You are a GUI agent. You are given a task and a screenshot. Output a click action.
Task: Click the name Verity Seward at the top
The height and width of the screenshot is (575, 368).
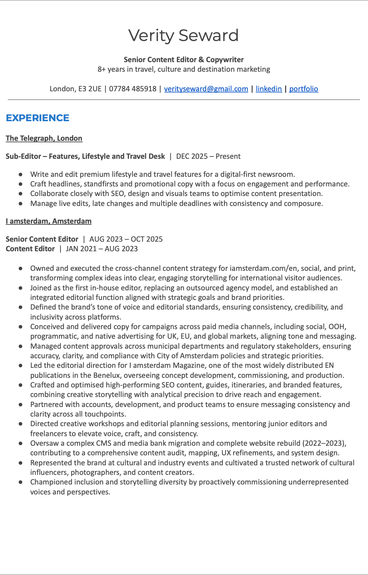pyautogui.click(x=183, y=36)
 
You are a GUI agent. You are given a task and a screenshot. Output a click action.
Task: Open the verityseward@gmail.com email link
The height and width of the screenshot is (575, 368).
pyautogui.click(x=206, y=89)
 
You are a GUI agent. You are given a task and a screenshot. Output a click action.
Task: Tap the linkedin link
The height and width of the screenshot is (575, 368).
pyautogui.click(x=268, y=89)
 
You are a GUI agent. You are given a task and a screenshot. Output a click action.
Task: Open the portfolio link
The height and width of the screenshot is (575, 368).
pyautogui.click(x=303, y=89)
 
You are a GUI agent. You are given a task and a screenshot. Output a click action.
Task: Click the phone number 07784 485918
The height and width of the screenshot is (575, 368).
pyautogui.click(x=133, y=89)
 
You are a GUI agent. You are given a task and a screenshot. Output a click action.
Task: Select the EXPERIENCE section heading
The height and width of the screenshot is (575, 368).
pyautogui.click(x=38, y=118)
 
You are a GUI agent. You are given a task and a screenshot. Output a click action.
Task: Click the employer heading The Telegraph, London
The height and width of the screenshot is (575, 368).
pyautogui.click(x=44, y=138)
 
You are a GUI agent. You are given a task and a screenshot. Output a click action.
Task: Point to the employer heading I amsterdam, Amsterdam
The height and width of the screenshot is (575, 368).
pyautogui.click(x=49, y=221)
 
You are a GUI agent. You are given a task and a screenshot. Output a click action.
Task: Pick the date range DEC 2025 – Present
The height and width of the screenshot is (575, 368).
pyautogui.click(x=208, y=156)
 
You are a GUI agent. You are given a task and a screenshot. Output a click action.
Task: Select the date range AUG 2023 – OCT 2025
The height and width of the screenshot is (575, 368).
pyautogui.click(x=126, y=239)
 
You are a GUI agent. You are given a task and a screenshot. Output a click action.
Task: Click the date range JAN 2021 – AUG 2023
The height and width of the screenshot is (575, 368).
pyautogui.click(x=102, y=249)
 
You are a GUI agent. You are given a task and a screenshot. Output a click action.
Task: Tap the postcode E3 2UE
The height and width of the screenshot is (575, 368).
pyautogui.click(x=90, y=89)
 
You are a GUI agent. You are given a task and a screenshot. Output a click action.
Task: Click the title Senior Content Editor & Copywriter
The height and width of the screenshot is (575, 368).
pyautogui.click(x=183, y=59)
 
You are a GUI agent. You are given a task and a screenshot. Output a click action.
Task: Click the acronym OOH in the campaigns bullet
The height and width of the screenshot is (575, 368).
pyautogui.click(x=337, y=326)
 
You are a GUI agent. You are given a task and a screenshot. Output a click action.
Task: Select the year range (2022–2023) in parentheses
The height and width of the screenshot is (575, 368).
pyautogui.click(x=324, y=443)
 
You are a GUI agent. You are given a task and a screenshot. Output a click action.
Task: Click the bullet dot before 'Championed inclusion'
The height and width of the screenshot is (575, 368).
pyautogui.click(x=20, y=482)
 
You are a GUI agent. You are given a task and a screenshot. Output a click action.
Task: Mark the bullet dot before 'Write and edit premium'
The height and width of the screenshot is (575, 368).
pyautogui.click(x=20, y=175)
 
